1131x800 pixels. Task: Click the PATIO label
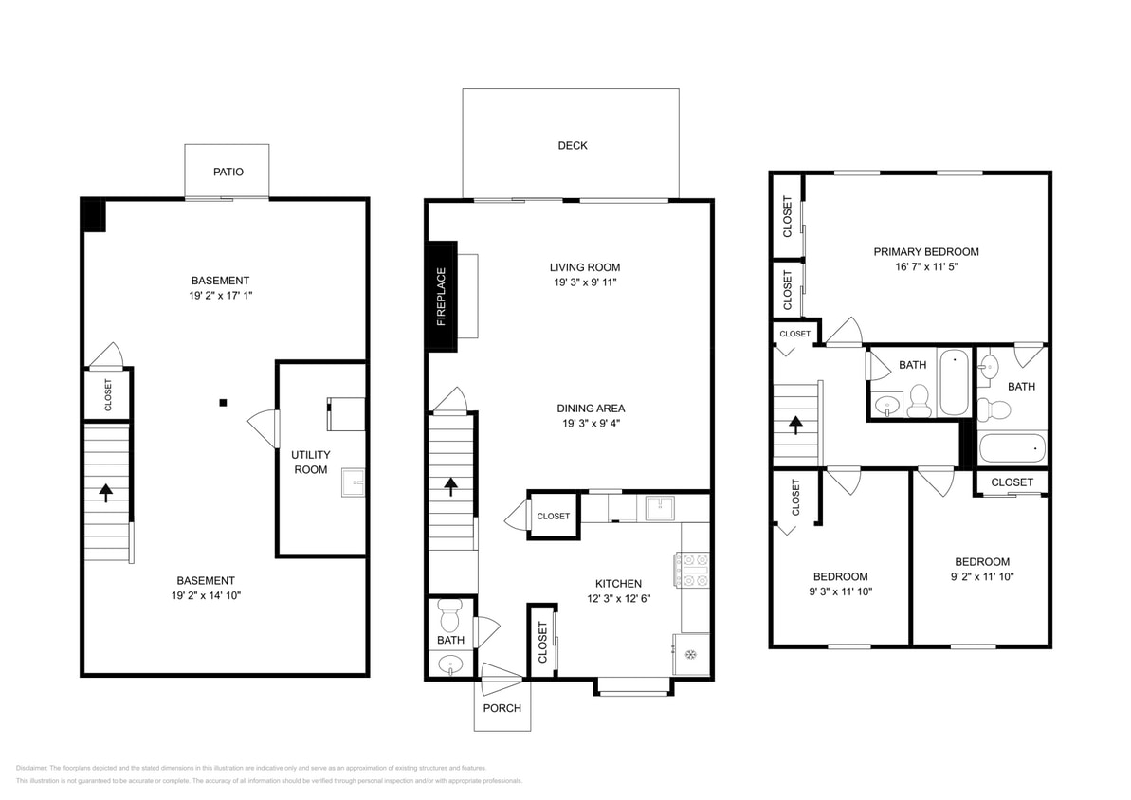[x=228, y=172]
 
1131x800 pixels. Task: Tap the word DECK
[x=572, y=145]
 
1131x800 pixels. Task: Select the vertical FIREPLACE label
[x=441, y=297]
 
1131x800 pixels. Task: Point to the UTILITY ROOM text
[x=310, y=463]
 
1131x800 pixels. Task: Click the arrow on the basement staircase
[x=105, y=492]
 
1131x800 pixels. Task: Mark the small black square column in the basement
[x=223, y=403]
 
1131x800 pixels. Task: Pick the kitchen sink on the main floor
[x=659, y=508]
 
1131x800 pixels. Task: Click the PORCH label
[x=502, y=708]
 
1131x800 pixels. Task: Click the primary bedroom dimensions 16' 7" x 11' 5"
[x=925, y=266]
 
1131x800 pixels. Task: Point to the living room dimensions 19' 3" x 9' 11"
[x=584, y=282]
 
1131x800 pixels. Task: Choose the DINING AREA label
[x=590, y=409]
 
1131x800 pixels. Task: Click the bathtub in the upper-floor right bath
[x=1012, y=447]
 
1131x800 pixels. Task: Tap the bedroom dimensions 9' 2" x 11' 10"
[x=981, y=576]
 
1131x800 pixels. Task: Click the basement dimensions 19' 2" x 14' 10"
[x=206, y=596]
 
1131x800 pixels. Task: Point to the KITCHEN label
[x=617, y=584]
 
